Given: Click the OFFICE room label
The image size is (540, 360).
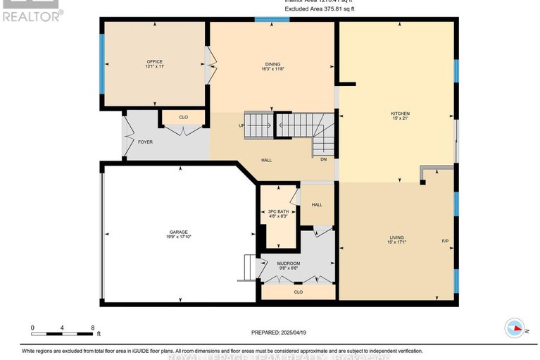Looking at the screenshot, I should coord(154,61).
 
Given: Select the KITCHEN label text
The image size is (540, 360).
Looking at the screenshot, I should coord(400,113).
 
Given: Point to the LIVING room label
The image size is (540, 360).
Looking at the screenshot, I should coord(396,238).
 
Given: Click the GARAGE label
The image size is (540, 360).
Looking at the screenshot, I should coord(177,232).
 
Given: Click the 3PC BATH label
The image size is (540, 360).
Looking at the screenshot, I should coord(278,211).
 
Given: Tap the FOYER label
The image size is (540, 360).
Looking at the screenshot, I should coord(145,142).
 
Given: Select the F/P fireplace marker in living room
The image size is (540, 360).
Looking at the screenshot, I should coord(445,242).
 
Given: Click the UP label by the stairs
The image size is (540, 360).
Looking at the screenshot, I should coord(241,126).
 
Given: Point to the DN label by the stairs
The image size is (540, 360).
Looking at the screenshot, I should coord(323,159).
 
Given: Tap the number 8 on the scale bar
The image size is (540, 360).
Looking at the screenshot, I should coord(93,328).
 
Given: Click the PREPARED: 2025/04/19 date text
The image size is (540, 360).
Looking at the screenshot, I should coord(280,333).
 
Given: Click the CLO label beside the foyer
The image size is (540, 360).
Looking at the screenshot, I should coord(183,118).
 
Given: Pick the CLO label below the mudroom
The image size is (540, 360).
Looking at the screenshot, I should coord(298,292).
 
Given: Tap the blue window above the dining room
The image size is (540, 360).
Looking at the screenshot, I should coord(271,20).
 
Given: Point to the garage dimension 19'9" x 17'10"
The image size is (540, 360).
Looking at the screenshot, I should coord(177,237).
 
